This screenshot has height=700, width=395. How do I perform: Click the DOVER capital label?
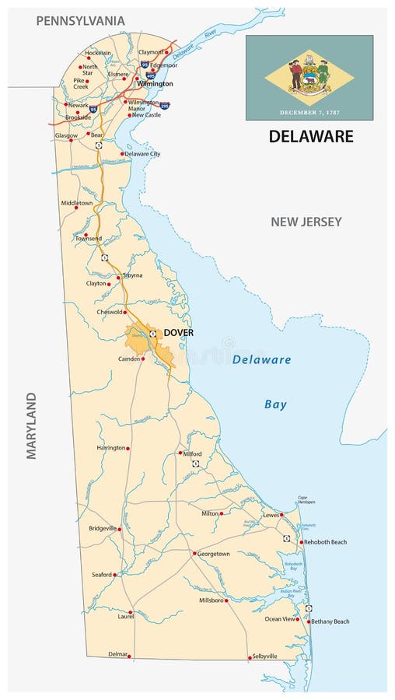178,333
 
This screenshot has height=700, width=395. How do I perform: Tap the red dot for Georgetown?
194,553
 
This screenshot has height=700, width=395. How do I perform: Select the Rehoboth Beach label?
325,542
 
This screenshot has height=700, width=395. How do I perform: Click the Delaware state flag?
309,77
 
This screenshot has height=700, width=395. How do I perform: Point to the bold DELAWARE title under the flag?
311,137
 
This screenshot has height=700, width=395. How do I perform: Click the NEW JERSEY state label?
306,222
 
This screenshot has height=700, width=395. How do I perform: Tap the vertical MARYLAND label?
32,425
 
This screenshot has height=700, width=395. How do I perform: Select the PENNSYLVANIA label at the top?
80,20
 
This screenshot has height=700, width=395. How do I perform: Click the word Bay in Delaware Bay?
275,404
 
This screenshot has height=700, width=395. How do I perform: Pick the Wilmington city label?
156,83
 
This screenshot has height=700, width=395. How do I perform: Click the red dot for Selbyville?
250,657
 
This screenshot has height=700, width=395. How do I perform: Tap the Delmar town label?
117,655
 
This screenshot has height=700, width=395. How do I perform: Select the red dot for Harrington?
128,448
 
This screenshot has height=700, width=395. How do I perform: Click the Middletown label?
77,203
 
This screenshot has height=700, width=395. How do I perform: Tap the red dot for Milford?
180,452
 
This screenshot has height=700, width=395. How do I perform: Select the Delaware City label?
143,154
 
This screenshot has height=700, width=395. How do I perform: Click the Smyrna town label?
132,275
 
